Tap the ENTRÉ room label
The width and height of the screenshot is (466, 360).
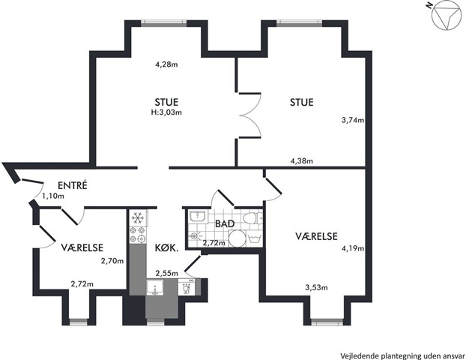click(73, 185)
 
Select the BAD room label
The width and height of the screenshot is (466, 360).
click(225, 223)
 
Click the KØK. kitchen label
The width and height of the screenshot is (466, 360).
click(167, 247)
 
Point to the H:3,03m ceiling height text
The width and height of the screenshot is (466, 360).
click(166, 112)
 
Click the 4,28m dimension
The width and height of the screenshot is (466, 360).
click(166, 64)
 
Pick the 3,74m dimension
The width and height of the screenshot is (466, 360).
click(353, 120)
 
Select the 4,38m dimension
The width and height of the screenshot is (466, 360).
click(301, 161)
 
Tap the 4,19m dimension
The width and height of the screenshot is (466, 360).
click(353, 248)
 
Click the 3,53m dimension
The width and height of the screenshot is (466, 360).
click(316, 287)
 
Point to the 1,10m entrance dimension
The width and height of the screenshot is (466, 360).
click(53, 196)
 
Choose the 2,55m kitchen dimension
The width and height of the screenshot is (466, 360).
click(167, 273)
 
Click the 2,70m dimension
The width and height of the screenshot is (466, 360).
click(112, 261)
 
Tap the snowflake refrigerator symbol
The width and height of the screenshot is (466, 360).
click(138, 217)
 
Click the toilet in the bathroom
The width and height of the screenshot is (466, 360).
click(252, 219)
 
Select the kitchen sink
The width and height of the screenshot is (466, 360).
click(155, 287)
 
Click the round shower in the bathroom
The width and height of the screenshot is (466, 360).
click(237, 238)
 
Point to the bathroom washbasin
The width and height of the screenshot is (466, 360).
click(196, 216)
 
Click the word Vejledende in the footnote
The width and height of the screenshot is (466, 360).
click(356, 355)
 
